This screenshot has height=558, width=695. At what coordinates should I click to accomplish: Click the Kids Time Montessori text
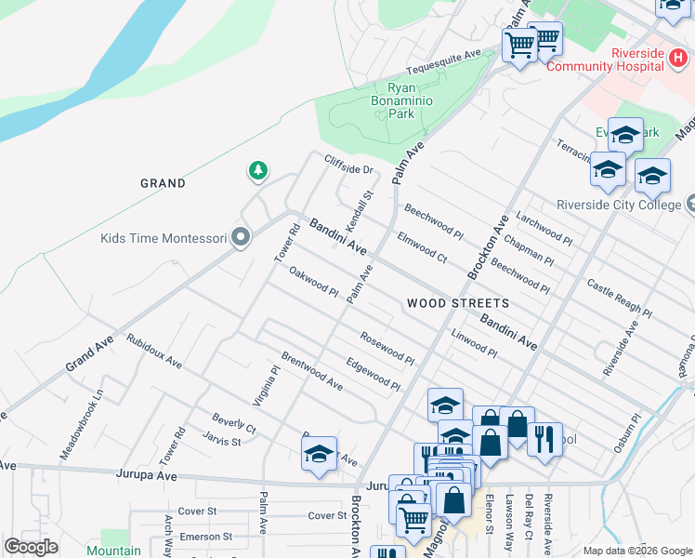pos(164,239)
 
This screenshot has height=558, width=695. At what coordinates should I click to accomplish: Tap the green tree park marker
pos(258,170)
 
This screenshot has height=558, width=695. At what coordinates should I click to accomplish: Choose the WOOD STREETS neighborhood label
pos(457,303)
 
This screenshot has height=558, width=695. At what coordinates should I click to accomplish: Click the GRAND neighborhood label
pos(163,183)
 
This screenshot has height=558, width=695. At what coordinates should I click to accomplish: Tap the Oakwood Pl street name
pos(313,282)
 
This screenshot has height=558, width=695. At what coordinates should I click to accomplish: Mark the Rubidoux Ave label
pos(154,351)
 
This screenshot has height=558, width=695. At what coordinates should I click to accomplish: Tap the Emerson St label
pos(205,537)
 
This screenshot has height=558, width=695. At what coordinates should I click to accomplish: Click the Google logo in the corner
pos(31,546)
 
